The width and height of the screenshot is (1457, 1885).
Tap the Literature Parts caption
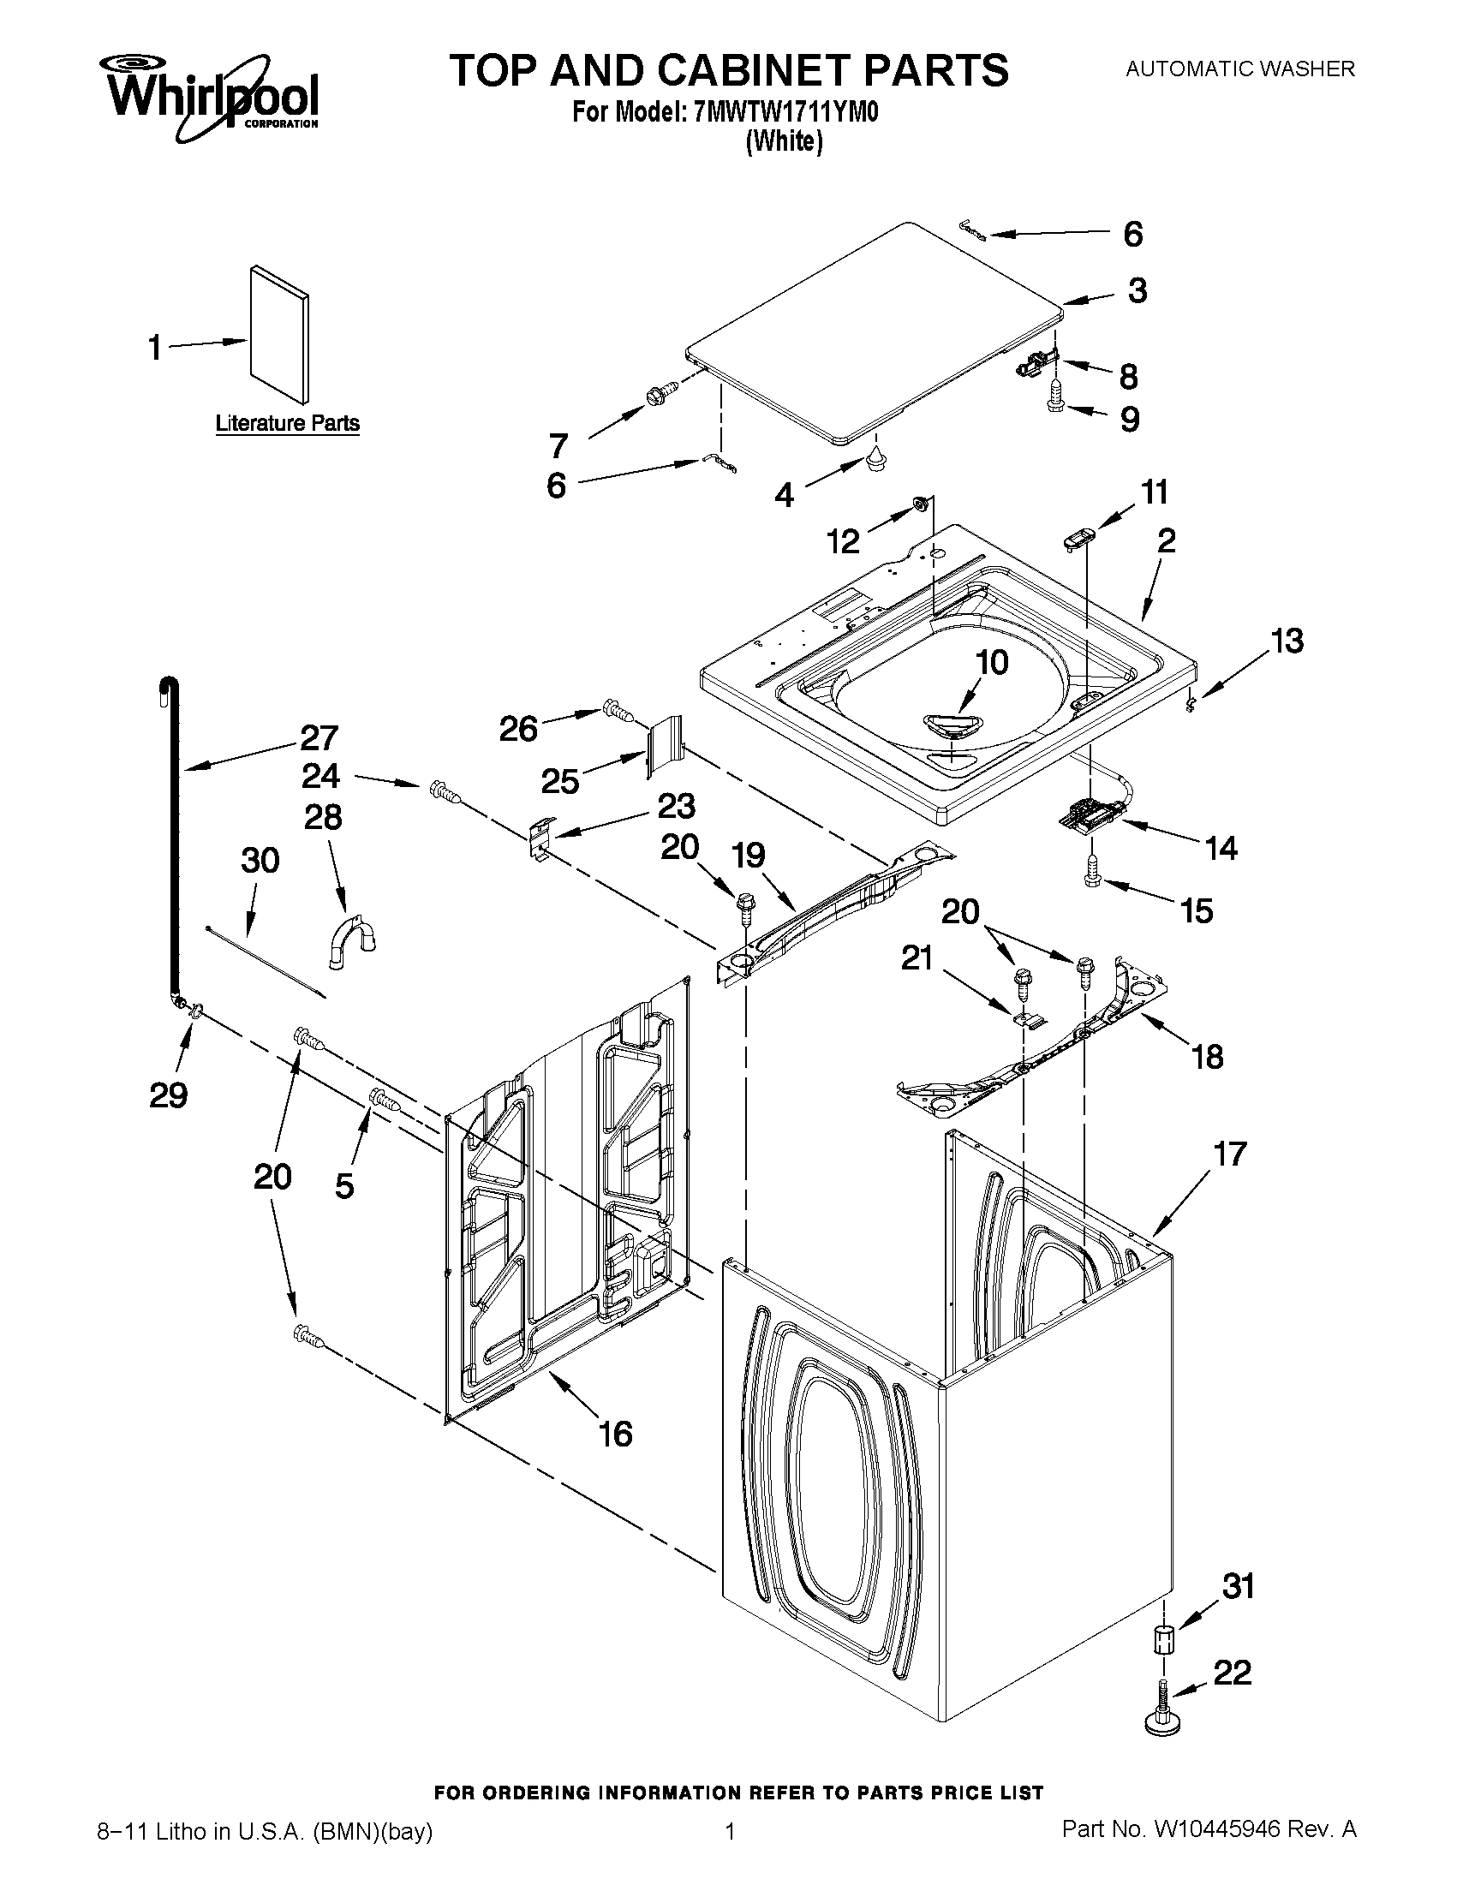[x=287, y=423]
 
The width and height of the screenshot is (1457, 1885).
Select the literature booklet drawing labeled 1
[x=278, y=334]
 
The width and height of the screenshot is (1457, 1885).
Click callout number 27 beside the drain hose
[x=319, y=738]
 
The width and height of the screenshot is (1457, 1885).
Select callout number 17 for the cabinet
[x=1230, y=1153]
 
